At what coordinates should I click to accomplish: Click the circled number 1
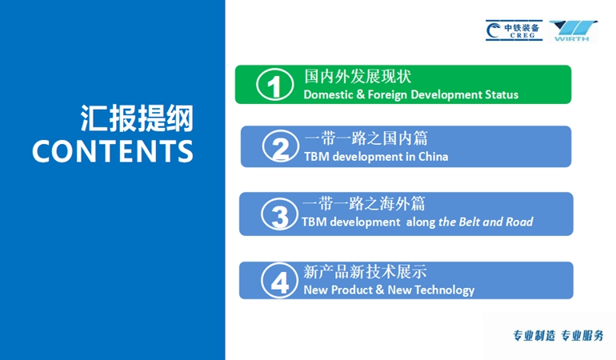274,85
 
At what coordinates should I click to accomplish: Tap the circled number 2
281,146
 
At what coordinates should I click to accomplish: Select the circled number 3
280,214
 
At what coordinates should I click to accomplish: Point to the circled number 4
280,280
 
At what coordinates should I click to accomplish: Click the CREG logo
514,30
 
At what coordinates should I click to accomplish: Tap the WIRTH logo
573,30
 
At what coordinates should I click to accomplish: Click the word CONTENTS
113,151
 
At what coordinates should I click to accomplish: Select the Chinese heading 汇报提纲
137,118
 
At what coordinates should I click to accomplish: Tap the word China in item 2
434,157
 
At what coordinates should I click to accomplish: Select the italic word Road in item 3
519,222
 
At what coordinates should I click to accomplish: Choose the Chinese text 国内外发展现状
358,77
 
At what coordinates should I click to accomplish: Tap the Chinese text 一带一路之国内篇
366,138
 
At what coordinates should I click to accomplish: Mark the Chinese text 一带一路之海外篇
364,204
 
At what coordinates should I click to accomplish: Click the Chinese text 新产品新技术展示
365,271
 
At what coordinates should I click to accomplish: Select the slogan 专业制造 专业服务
558,336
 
